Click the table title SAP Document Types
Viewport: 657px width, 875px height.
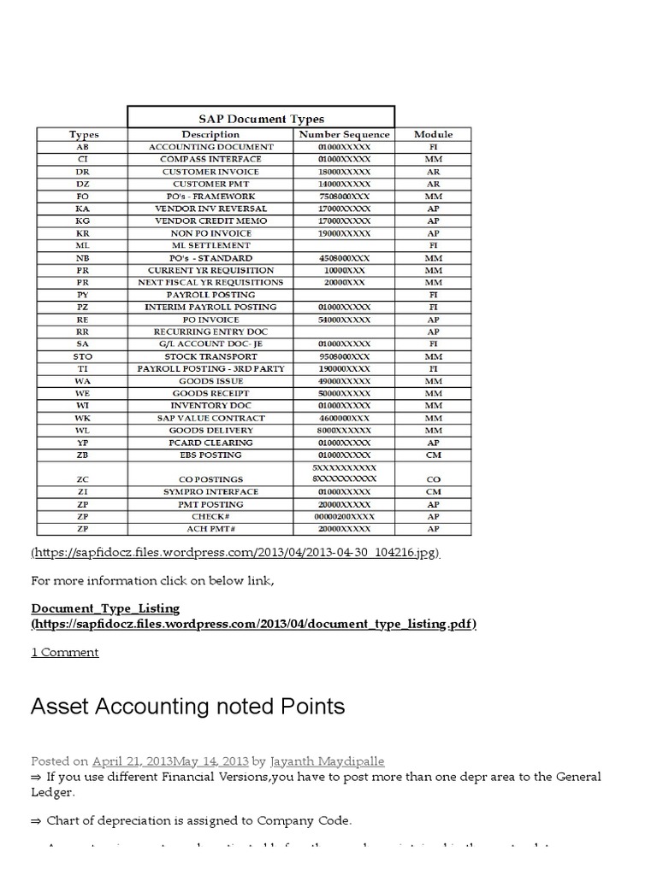point(261,119)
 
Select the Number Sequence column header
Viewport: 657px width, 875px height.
point(344,134)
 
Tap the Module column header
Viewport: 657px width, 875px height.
point(433,134)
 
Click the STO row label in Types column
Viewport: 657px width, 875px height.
point(82,356)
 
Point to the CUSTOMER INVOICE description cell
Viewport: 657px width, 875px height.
point(210,172)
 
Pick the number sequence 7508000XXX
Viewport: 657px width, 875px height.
point(344,196)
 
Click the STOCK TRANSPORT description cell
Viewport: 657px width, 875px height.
point(210,356)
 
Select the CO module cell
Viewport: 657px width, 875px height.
point(433,479)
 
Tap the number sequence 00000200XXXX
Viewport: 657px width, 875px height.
point(344,517)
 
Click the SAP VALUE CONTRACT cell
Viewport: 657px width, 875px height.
point(210,418)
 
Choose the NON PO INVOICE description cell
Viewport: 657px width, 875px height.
point(210,233)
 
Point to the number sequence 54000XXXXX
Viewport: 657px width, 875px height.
point(344,320)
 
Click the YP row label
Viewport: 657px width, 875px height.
point(82,443)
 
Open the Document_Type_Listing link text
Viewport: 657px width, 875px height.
point(106,608)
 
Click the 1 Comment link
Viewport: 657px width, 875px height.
point(65,652)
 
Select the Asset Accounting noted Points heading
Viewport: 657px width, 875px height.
point(187,707)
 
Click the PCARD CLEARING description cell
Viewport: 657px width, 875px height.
point(210,443)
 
